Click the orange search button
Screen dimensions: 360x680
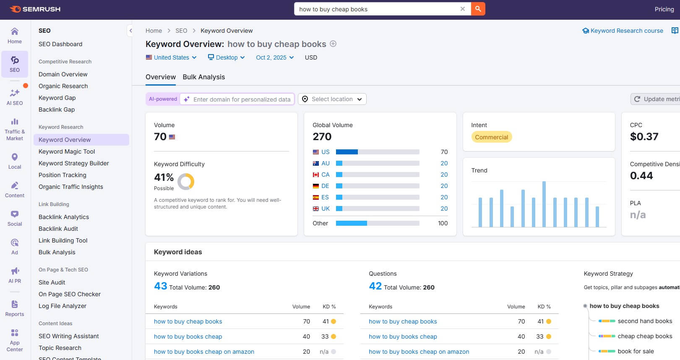click(x=478, y=9)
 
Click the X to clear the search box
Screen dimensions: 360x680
click(x=462, y=9)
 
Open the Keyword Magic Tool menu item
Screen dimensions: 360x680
click(x=67, y=151)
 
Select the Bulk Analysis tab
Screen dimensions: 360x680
click(x=203, y=77)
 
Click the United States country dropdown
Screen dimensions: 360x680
click(x=171, y=57)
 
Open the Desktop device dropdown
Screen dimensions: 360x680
click(x=226, y=57)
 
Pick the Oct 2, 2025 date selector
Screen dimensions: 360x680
click(x=275, y=57)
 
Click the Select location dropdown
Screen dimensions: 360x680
click(x=332, y=99)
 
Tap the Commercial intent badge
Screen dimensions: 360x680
click(x=491, y=137)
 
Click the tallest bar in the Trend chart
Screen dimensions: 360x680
click(x=544, y=204)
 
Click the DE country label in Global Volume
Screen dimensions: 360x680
click(x=325, y=186)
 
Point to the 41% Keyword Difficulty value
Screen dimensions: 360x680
click(x=164, y=177)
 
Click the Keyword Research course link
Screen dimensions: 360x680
click(x=626, y=31)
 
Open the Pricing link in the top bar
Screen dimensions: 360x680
click(x=664, y=9)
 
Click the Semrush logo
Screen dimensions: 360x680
click(x=35, y=9)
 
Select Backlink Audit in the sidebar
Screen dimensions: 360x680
click(x=58, y=229)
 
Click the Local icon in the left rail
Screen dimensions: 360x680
click(x=15, y=160)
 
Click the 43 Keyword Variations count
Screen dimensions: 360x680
click(x=160, y=286)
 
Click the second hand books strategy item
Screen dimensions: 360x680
click(x=644, y=321)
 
